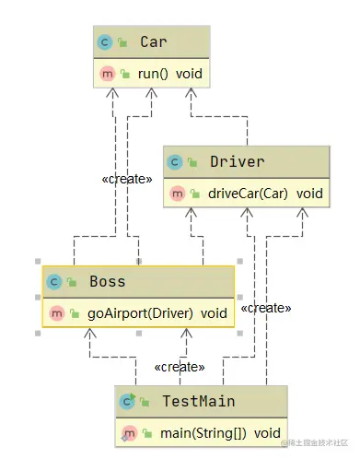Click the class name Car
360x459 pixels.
tap(153, 42)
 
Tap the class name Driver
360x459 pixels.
tap(237, 162)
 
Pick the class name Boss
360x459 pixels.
tap(107, 282)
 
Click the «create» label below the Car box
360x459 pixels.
tap(126, 179)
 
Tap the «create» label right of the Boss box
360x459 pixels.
tap(265, 307)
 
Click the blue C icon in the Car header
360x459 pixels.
tap(105, 42)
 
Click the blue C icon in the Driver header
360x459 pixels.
tap(175, 162)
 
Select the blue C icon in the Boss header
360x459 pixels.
tap(54, 282)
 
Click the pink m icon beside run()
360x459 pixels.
tap(105, 73)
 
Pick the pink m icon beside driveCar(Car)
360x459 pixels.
tap(175, 193)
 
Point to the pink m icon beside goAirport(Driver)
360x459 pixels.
tap(54, 312)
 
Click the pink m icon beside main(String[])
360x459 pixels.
tap(128, 432)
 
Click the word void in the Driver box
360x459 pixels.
tap(309, 193)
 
